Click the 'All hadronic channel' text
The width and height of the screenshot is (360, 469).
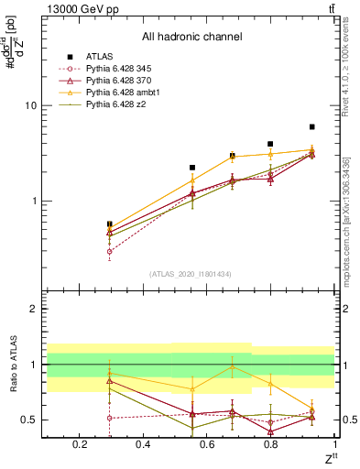(x=191, y=38)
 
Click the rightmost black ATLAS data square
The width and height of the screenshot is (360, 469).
(x=312, y=126)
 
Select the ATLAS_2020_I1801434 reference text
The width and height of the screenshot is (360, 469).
(x=191, y=273)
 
